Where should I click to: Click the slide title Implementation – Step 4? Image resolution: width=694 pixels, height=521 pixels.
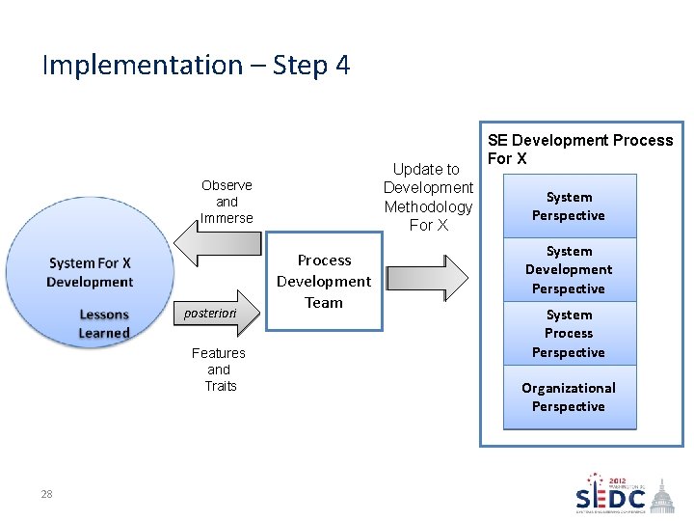[196, 66]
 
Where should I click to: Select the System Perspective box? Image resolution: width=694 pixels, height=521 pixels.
[569, 206]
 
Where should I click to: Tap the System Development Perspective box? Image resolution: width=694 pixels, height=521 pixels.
[569, 270]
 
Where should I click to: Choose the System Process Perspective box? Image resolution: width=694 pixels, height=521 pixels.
[569, 334]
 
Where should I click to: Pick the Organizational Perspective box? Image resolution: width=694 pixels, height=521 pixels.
[569, 397]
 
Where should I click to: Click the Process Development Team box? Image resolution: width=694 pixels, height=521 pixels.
[324, 281]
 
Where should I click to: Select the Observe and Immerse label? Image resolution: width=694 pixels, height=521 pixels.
[227, 202]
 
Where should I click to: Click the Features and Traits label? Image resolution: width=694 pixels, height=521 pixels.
[219, 370]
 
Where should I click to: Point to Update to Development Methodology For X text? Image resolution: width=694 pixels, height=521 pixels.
[428, 197]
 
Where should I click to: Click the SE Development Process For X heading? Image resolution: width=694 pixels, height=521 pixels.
[579, 150]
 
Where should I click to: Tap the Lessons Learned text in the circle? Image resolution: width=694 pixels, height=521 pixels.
[104, 324]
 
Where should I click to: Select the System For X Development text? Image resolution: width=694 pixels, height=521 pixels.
[90, 272]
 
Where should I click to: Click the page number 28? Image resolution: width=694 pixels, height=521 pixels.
[46, 494]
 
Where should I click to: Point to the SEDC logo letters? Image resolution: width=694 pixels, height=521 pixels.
[611, 499]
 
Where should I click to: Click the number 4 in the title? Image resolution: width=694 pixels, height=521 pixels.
[342, 66]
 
